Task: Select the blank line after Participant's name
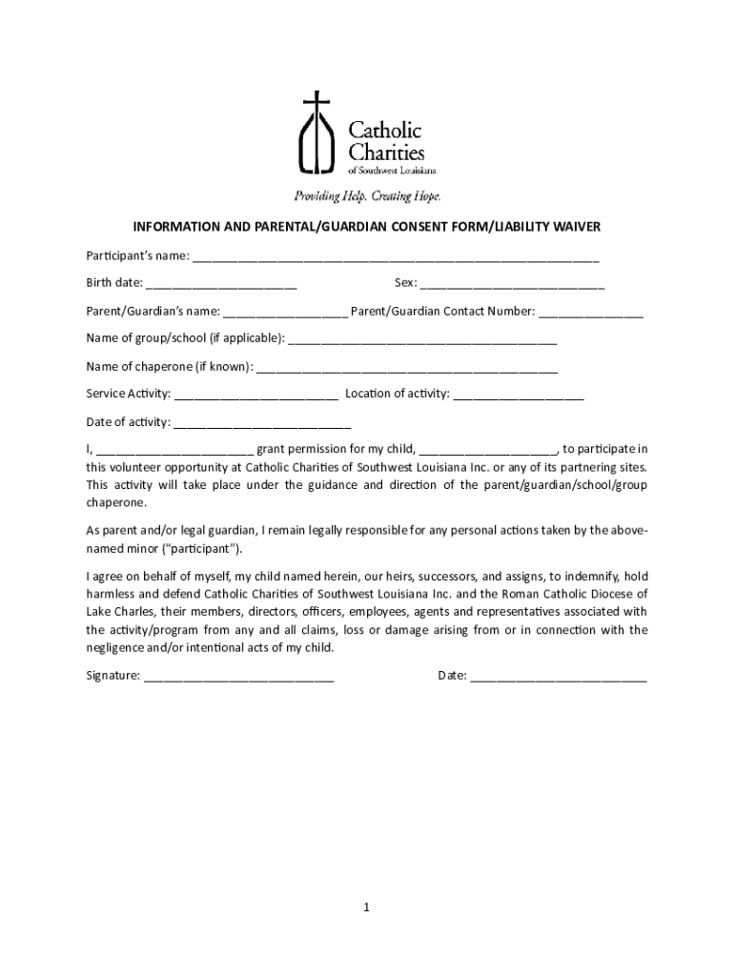pos(396,257)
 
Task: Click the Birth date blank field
pos(221,284)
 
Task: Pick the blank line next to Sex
pos(512,284)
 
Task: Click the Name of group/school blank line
pos(421,339)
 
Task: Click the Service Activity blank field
pos(255,395)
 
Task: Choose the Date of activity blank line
pos(262,422)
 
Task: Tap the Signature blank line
pos(238,677)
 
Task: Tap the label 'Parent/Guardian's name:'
pos(153,312)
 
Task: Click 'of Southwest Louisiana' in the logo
pos(393,171)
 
